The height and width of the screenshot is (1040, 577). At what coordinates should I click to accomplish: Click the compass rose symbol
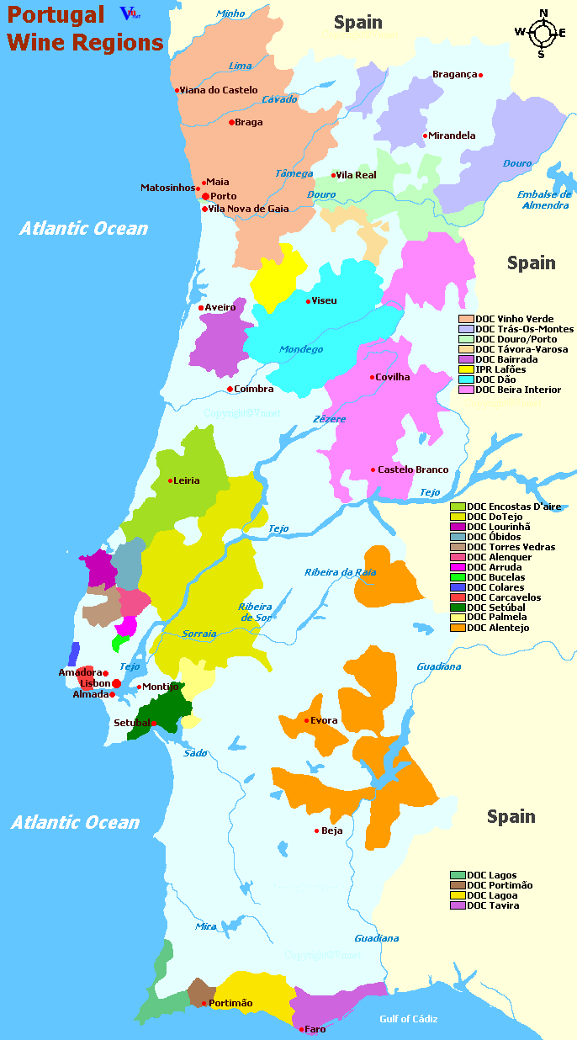[x=543, y=34]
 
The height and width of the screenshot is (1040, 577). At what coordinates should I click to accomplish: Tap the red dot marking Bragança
[x=480, y=75]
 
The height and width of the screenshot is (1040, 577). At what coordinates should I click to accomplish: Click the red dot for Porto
[x=205, y=196]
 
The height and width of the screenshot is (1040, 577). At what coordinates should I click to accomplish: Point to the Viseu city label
[x=325, y=300]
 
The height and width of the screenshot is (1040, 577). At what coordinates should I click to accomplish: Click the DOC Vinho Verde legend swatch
[x=466, y=319]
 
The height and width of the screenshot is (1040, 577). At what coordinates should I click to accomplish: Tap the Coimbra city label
[x=254, y=389]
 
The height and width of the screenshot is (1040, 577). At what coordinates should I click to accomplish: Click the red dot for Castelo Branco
[x=373, y=470]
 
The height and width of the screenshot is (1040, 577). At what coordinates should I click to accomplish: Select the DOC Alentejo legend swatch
[x=458, y=628]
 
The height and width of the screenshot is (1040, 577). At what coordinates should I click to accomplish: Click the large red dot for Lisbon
[x=116, y=684]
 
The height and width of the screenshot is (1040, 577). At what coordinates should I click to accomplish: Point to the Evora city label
[x=324, y=720]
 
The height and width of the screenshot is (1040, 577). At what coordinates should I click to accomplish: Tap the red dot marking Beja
[x=316, y=830]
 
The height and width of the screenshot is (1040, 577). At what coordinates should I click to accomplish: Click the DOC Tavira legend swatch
[x=458, y=905]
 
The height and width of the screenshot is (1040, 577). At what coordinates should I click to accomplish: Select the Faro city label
[x=315, y=1029]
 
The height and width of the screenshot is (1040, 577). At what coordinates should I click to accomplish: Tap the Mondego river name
[x=301, y=349]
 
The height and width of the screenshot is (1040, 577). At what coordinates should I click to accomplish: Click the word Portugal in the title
[x=56, y=15]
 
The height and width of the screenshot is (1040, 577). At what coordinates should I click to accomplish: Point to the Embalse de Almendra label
[x=543, y=199]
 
